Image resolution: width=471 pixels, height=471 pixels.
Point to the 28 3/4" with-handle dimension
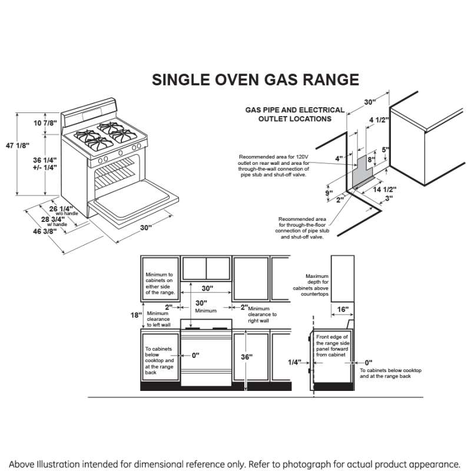click(54, 220)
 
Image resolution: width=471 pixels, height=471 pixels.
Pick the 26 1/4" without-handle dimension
click(62, 208)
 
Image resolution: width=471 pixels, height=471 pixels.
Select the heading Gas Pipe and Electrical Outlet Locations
click(294, 114)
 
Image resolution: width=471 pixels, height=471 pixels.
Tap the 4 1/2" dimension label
click(379, 120)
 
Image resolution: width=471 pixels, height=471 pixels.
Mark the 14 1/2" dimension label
click(384, 189)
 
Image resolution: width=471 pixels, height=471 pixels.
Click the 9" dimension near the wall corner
click(329, 193)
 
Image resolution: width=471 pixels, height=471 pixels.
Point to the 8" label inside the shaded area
click(371, 159)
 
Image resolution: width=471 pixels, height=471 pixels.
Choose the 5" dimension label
click(386, 150)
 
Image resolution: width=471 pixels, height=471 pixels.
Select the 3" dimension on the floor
click(389, 198)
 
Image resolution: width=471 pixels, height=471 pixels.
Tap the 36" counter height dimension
click(247, 357)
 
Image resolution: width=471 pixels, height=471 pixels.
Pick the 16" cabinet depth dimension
click(343, 309)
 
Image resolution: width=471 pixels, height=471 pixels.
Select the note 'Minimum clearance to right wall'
click(262, 314)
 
